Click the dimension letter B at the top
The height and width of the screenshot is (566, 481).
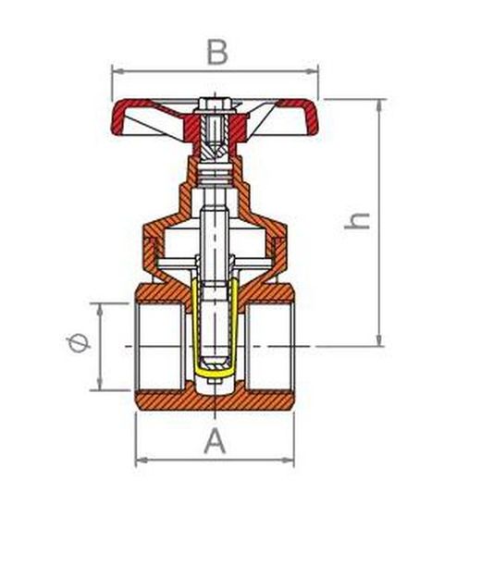click(x=216, y=52)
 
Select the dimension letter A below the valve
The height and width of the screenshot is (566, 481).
click(x=215, y=441)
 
